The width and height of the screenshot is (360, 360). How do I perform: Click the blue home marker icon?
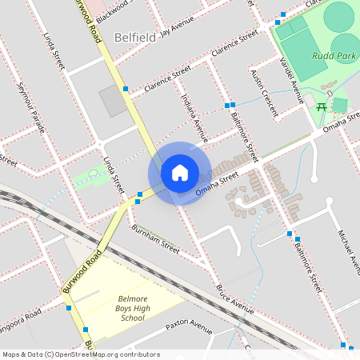pos(180,173)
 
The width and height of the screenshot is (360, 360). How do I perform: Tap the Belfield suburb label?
pos(134,37)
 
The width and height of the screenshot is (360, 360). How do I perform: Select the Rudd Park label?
pos(334,57)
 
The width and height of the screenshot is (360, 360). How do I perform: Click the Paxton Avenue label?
pos(189,328)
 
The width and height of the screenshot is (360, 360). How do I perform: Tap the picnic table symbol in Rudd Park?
pos(321,106)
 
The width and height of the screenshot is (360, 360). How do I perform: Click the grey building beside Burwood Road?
pos(112,101)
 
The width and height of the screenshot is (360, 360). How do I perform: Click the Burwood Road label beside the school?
pos(82,272)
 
